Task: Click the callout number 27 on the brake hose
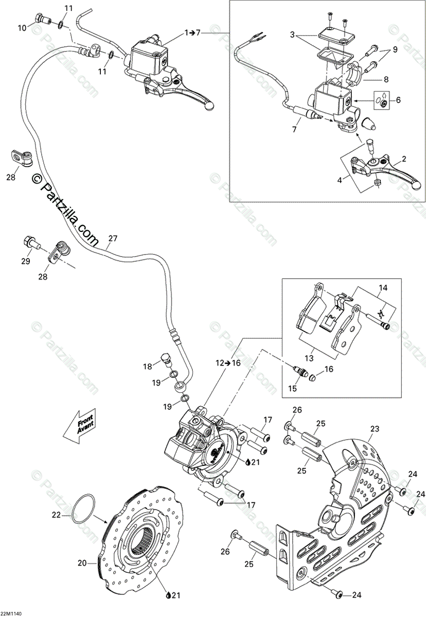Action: pyautogui.click(x=113, y=239)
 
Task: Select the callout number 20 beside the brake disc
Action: pyautogui.click(x=82, y=563)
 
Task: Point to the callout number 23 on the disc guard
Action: pyautogui.click(x=374, y=428)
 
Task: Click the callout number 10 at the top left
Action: pyautogui.click(x=22, y=28)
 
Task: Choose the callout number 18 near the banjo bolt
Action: pyautogui.click(x=148, y=366)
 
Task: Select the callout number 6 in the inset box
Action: pyautogui.click(x=397, y=101)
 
